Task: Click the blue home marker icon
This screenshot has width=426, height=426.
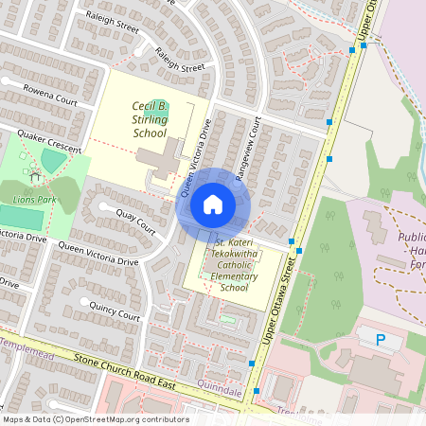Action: point(213,204)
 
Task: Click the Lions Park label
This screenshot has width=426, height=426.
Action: point(35,200)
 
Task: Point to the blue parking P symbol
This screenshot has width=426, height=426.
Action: point(382,339)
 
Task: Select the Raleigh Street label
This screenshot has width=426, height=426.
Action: point(180,60)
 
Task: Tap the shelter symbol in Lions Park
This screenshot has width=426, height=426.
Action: point(35,176)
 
